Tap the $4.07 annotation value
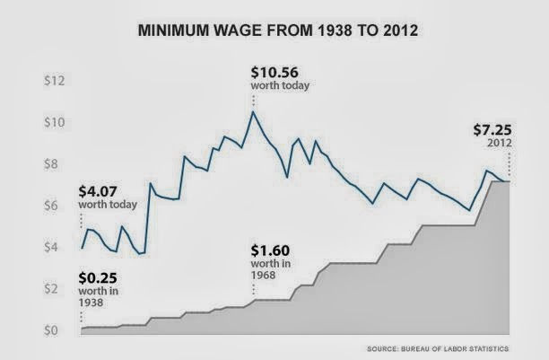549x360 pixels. (x=104, y=189)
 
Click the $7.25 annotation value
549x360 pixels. (x=493, y=128)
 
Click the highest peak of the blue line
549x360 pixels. (x=254, y=111)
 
